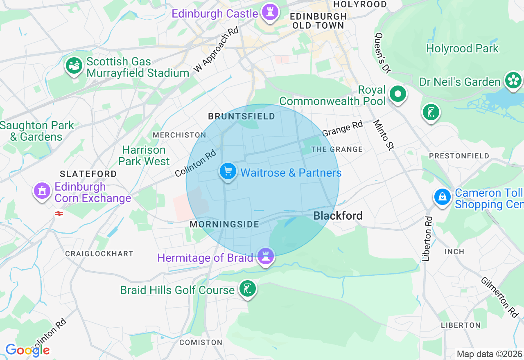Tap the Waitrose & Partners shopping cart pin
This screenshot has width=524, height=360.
click(228, 171)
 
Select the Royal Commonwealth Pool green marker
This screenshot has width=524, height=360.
click(398, 94)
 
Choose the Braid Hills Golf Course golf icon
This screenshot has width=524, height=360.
click(247, 289)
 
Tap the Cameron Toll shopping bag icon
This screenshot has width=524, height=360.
click(443, 197)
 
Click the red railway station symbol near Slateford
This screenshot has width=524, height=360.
click(59, 213)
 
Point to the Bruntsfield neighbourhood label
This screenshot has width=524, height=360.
click(242, 117)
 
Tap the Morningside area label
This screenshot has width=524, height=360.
click(224, 224)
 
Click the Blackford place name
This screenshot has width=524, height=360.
click(338, 216)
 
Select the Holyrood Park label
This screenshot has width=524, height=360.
click(462, 48)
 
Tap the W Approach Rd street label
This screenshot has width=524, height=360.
click(216, 50)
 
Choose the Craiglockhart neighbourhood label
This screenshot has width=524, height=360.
click(99, 254)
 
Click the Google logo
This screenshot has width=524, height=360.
click(27, 350)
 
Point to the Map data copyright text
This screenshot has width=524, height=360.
click(489, 354)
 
